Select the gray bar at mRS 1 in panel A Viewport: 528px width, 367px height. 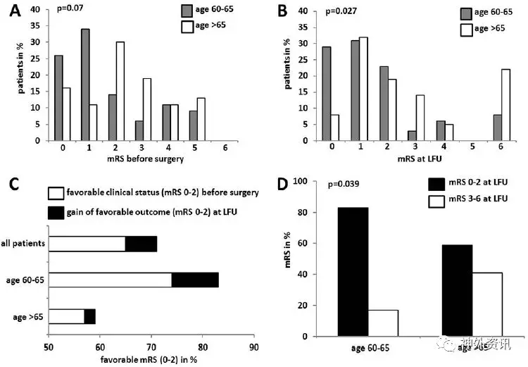click(85, 85)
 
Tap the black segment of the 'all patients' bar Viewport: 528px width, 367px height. click(141, 244)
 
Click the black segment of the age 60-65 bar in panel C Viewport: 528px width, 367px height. click(195, 280)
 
